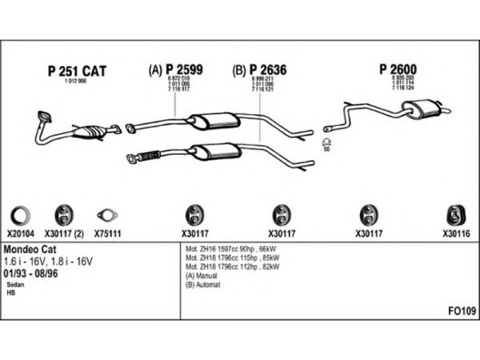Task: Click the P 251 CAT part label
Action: [x=76, y=72]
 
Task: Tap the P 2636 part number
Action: [x=268, y=70]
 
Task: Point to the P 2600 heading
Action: [x=398, y=70]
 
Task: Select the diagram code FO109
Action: [x=462, y=311]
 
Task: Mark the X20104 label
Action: [x=22, y=235]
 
